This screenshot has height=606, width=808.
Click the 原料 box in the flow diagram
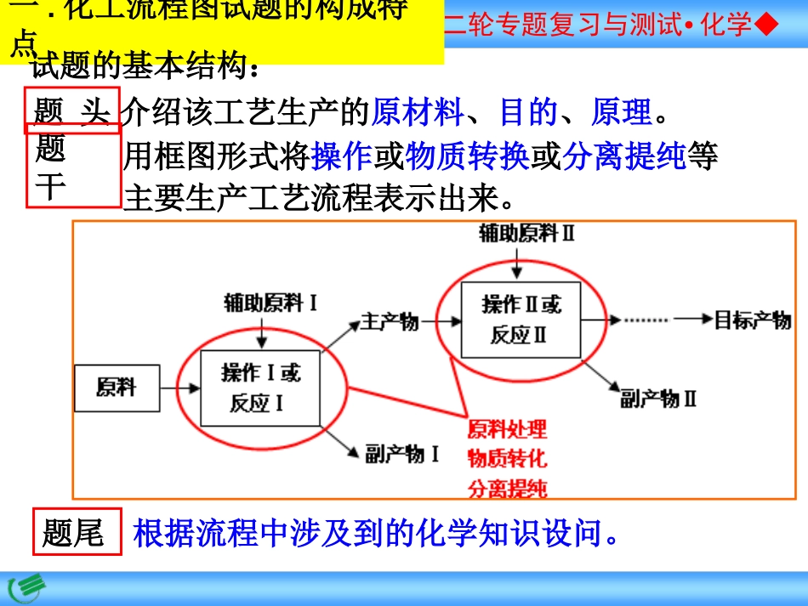tap(116, 389)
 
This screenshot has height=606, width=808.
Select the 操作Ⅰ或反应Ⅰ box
tap(260, 388)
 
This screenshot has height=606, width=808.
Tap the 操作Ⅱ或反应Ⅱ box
tap(521, 320)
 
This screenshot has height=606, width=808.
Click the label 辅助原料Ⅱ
tap(526, 234)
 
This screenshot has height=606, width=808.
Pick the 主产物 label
tap(390, 321)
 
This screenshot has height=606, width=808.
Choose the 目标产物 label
tap(752, 320)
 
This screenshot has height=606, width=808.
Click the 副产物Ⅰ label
tap(402, 454)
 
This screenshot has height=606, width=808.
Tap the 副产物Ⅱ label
tap(658, 398)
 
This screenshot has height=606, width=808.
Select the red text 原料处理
tap(507, 428)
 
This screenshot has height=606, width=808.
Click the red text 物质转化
tap(507, 458)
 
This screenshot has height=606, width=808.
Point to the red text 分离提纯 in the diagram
tap(507, 488)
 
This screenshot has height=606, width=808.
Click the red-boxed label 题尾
tap(73, 533)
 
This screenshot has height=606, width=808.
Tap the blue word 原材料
tap(417, 111)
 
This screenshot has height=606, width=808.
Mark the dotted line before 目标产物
tap(648, 320)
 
